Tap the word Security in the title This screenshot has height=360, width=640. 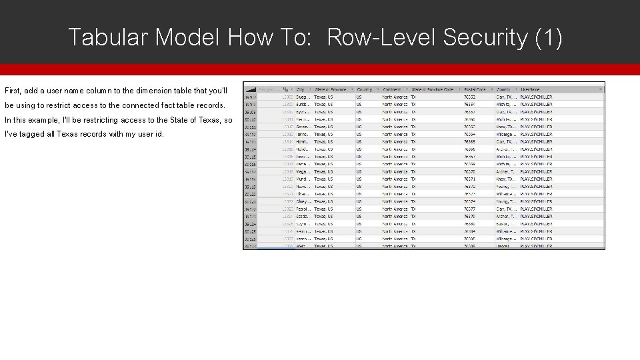pyautogui.click(x=485, y=37)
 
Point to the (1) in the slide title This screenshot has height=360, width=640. pyautogui.click(x=549, y=37)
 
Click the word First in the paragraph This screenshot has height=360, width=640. pyautogui.click(x=13, y=90)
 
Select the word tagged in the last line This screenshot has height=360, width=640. pyautogui.click(x=33, y=134)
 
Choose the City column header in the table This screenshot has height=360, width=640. pyautogui.click(x=301, y=89)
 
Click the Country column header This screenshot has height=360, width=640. pyautogui.click(x=365, y=89)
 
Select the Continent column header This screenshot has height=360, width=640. pyautogui.click(x=393, y=89)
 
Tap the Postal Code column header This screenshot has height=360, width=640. pyautogui.click(x=475, y=89)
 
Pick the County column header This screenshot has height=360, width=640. pyautogui.click(x=504, y=89)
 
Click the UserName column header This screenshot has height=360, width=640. pyautogui.click(x=531, y=89)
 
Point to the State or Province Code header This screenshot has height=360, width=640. pyautogui.click(x=433, y=89)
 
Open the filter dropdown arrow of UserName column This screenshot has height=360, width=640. pyautogui.click(x=601, y=89)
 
